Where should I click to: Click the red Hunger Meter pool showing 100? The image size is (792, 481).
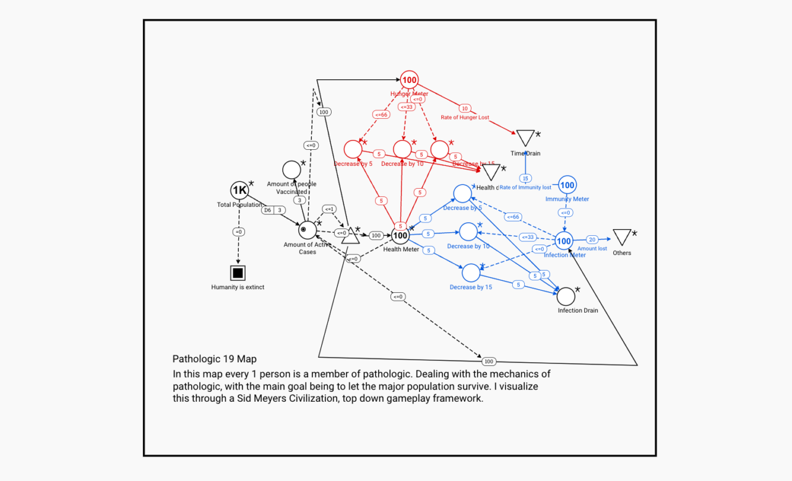(x=409, y=80)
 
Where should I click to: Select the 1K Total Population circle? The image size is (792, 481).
(x=239, y=190)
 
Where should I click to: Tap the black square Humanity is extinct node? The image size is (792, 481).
(x=238, y=273)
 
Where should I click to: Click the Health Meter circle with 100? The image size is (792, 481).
(x=400, y=235)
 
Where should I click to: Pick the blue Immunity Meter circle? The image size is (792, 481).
(x=567, y=185)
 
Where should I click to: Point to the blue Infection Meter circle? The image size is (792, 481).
(x=563, y=241)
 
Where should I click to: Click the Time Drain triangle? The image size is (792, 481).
(x=525, y=138)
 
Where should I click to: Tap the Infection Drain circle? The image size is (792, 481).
(x=566, y=297)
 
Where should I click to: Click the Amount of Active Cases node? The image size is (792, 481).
(x=307, y=230)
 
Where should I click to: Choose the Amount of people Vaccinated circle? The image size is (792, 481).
(x=291, y=170)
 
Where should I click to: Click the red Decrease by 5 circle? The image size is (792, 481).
(x=353, y=149)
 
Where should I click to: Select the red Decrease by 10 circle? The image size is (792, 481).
(x=402, y=149)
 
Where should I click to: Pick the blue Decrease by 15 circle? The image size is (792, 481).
(x=471, y=272)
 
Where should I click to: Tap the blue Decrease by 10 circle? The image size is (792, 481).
(x=468, y=232)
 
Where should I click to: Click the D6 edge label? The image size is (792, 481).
(x=267, y=210)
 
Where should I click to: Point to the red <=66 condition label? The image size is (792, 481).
(x=381, y=115)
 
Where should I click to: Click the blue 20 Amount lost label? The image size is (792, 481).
(x=592, y=240)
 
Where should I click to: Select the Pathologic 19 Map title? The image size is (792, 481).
(x=214, y=359)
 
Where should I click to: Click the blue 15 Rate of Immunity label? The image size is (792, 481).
(x=525, y=178)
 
